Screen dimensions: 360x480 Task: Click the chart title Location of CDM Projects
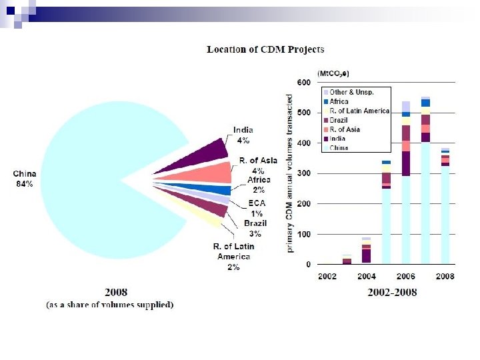point(265,49)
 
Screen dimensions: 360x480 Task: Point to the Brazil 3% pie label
point(255,228)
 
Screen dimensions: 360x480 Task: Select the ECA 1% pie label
point(257,207)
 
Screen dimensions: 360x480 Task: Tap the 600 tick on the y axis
point(303,83)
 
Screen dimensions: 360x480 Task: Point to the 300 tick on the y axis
point(303,174)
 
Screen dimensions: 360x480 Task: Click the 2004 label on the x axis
point(366,276)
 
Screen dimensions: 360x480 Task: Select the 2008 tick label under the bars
point(445,276)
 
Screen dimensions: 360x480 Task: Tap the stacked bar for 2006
point(405,187)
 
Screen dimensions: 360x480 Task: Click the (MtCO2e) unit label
point(332,72)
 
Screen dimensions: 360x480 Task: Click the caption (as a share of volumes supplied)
point(109,305)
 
